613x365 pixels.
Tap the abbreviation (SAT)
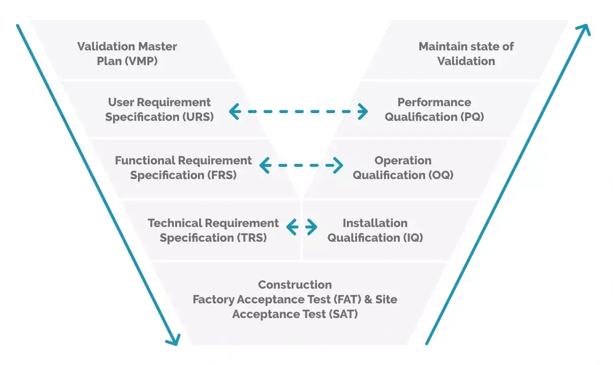click(341, 314)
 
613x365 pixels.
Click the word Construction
click(295, 285)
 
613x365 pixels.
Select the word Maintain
click(441, 46)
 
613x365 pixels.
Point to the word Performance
click(434, 102)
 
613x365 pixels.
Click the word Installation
click(375, 223)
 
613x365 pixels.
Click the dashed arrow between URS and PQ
click(298, 111)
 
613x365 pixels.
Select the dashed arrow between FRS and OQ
click(301, 165)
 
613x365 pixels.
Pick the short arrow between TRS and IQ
click(301, 227)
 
